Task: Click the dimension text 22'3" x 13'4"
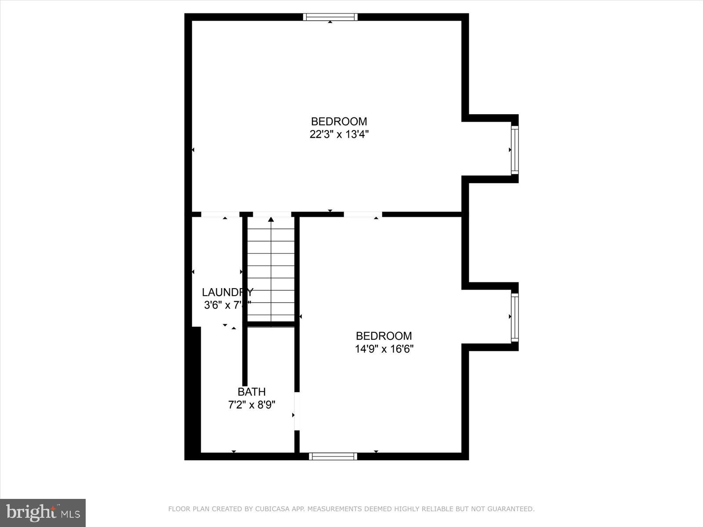coord(339,134)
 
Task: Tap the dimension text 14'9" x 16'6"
coord(384,349)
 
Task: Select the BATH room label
coord(251,392)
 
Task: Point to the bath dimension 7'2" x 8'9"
coord(251,405)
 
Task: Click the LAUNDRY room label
coord(227,292)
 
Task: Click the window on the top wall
coord(330,17)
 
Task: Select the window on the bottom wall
coord(333,456)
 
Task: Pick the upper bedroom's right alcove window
coord(515,150)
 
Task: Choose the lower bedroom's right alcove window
coord(515,318)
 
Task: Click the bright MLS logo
coord(43,513)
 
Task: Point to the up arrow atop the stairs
coord(271,219)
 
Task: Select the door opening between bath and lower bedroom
coord(297,411)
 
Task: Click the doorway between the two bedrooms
coord(362,214)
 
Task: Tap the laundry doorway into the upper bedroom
coord(220,214)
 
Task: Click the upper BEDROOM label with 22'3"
coord(339,121)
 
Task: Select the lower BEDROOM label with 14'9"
coord(384,336)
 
